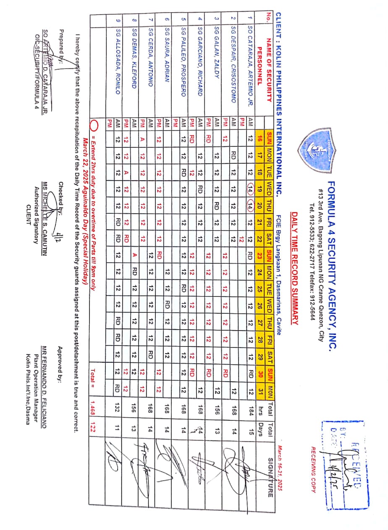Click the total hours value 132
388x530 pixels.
pos(118,413)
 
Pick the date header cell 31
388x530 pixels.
pos(260,396)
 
